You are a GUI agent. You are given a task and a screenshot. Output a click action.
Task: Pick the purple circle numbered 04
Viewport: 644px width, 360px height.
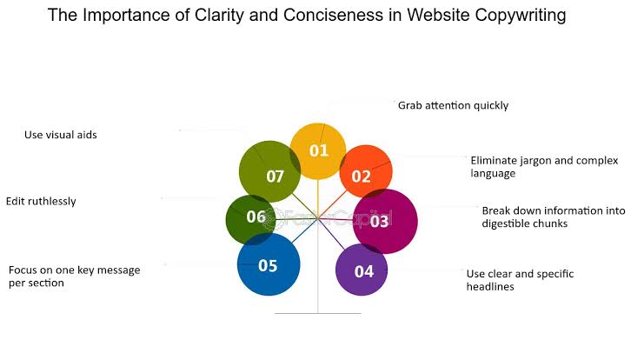point(362,270)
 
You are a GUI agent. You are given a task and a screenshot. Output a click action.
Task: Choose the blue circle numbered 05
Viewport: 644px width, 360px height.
point(269,265)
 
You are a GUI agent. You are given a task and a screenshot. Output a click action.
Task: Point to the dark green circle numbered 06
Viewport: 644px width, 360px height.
point(252,217)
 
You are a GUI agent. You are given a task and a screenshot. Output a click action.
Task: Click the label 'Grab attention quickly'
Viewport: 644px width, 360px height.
point(453,105)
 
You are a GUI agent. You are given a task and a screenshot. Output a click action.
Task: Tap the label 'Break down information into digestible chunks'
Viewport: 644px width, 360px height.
point(536,217)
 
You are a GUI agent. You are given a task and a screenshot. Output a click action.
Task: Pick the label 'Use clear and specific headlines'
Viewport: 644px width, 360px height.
point(520,280)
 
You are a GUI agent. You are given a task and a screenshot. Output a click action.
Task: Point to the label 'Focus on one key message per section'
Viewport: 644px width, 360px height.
point(74,277)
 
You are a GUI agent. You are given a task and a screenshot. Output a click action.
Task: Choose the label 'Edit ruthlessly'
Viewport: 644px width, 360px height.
point(41,201)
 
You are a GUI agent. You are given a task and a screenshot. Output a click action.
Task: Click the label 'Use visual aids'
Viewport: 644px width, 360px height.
point(60,135)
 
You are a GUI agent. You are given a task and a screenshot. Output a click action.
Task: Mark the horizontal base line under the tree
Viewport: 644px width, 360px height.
point(317,313)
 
